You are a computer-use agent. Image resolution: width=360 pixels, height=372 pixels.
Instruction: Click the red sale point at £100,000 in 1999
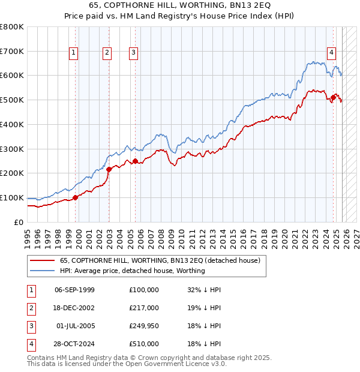pyautogui.click(x=75, y=197)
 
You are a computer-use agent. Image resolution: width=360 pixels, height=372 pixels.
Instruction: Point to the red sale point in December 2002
pyautogui.click(x=109, y=169)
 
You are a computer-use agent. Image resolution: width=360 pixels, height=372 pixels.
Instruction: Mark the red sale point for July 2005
pyautogui.click(x=135, y=161)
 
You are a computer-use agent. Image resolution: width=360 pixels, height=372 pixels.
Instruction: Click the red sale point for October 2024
pyautogui.click(x=334, y=97)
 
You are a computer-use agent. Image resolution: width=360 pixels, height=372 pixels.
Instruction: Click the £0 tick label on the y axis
pyautogui.click(x=18, y=222)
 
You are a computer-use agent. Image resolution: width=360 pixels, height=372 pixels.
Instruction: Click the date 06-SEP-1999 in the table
pyautogui.click(x=74, y=290)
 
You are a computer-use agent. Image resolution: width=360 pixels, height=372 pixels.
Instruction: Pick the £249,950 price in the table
pyautogui.click(x=144, y=326)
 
